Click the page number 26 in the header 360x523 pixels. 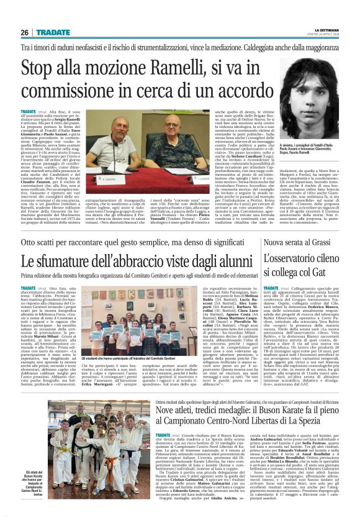pos(25,32)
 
